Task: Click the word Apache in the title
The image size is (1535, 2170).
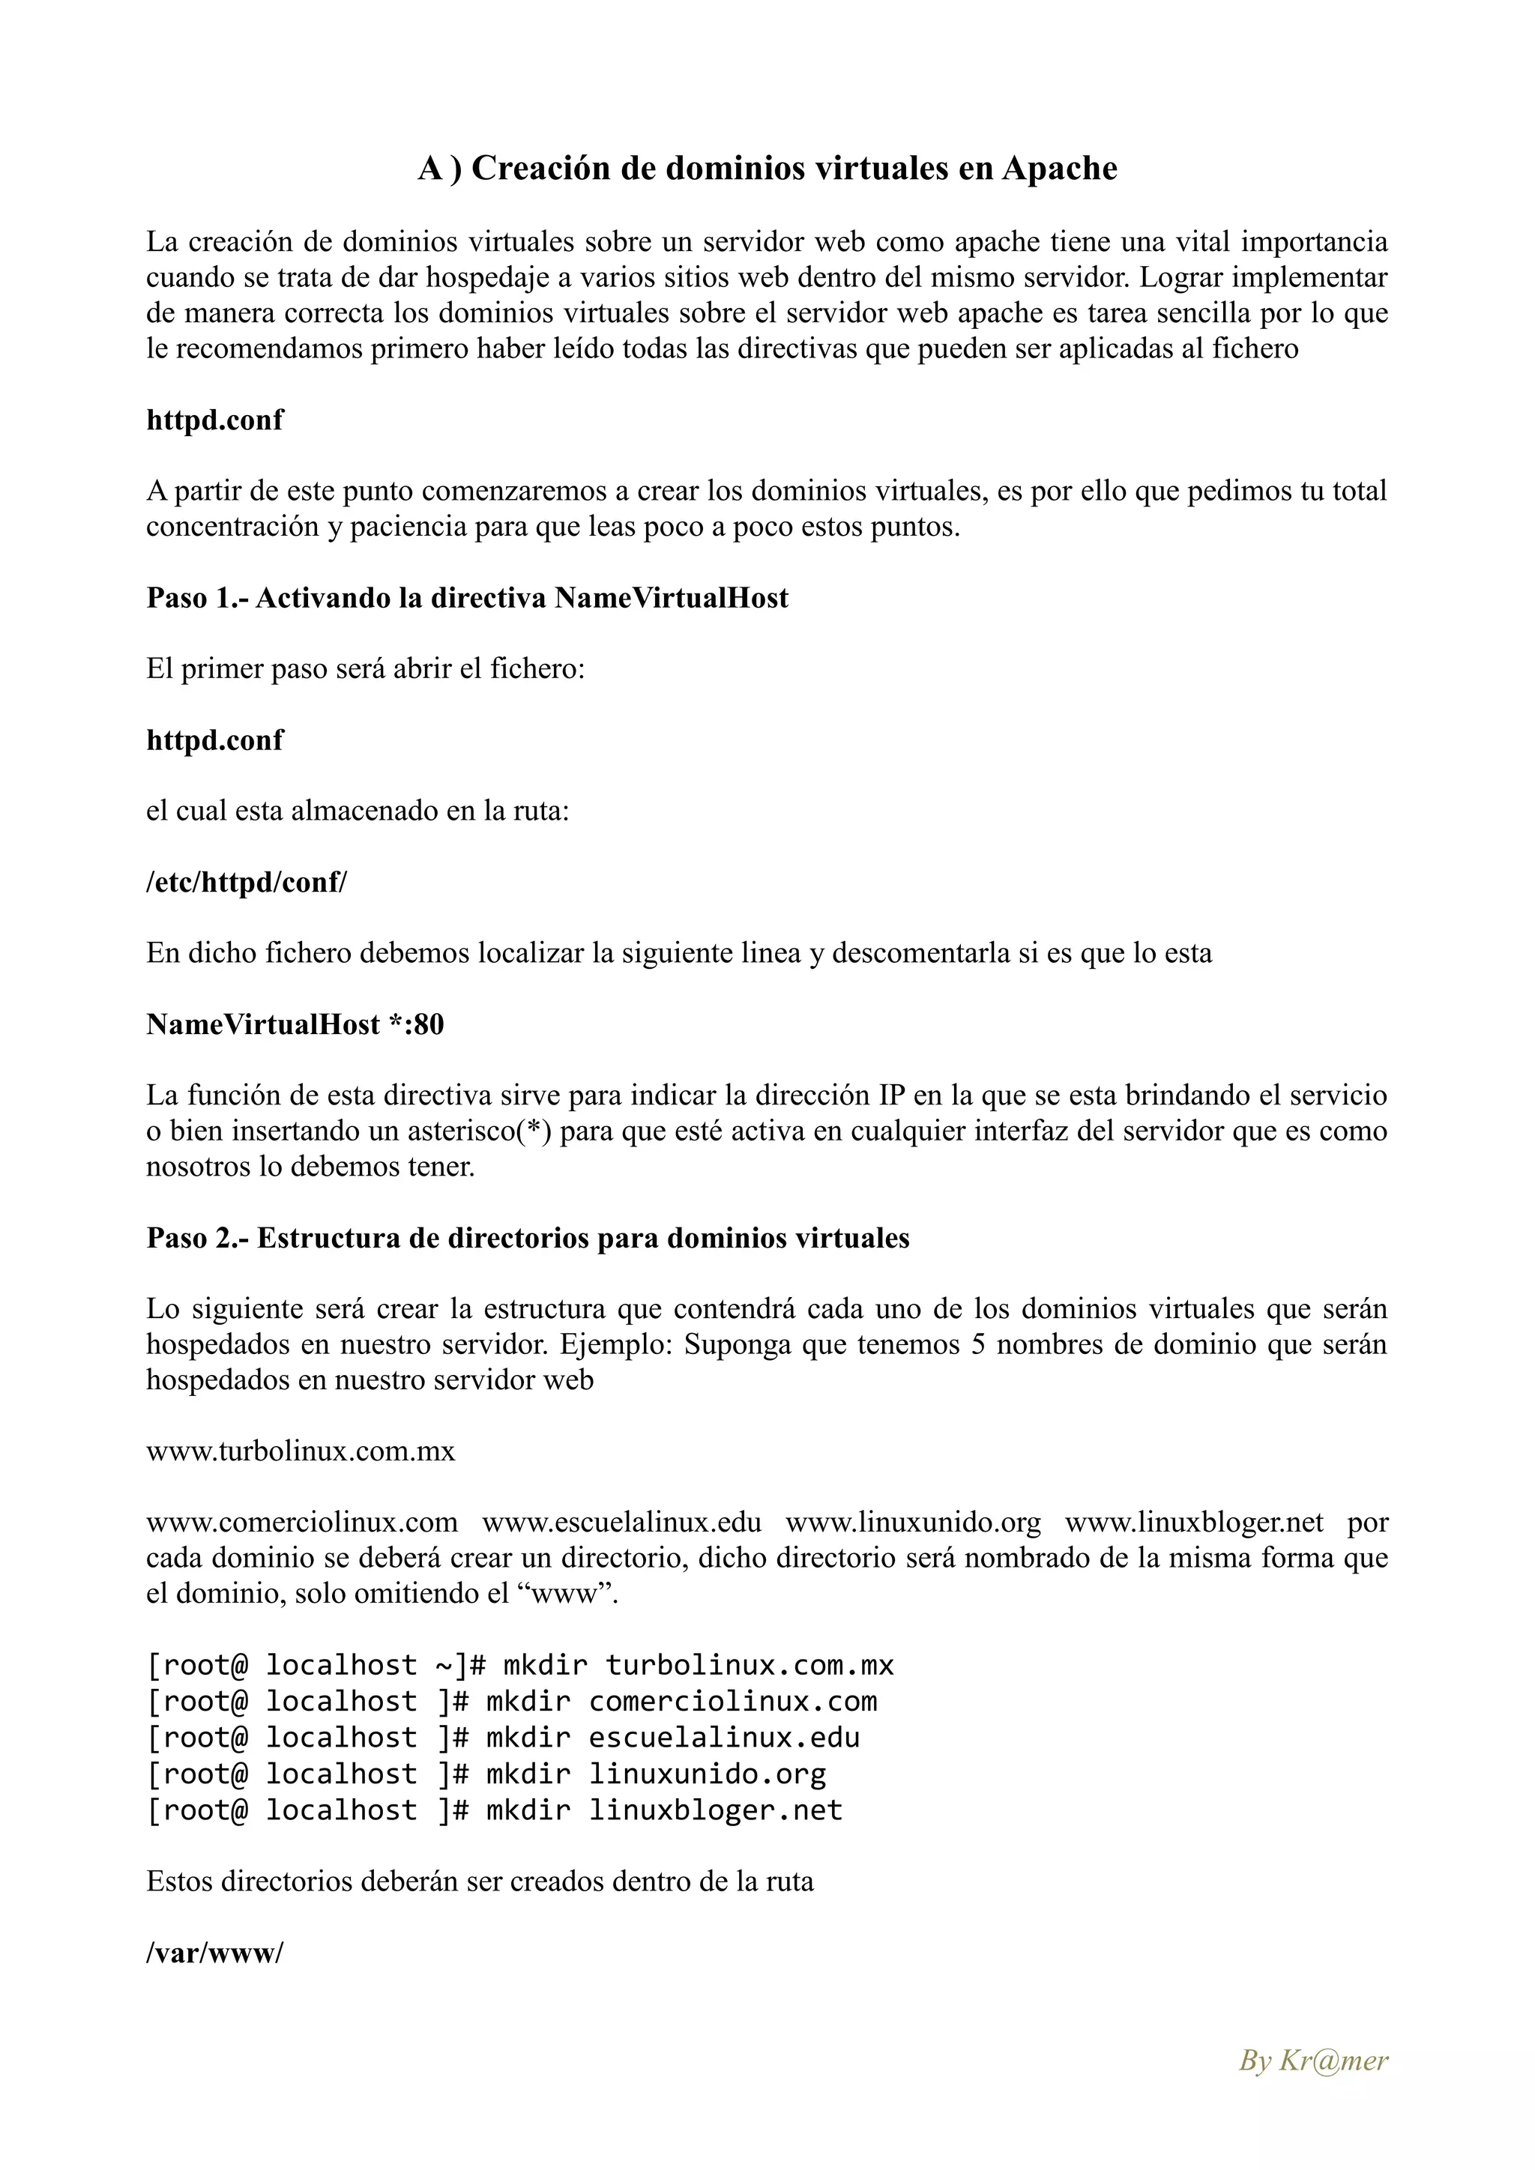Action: point(1060,169)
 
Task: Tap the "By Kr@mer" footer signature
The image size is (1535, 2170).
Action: point(1313,2061)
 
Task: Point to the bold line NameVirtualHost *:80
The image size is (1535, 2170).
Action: point(295,1024)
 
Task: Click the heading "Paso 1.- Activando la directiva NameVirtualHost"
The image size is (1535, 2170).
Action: point(467,598)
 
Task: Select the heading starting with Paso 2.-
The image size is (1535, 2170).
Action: point(528,1238)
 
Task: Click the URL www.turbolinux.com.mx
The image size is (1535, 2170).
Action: point(301,1451)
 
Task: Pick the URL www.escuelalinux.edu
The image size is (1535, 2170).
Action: point(622,1523)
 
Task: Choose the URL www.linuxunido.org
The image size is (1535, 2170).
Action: point(913,1523)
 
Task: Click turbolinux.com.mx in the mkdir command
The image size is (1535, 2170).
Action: point(750,1665)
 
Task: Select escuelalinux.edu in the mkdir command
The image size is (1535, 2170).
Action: point(724,1737)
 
